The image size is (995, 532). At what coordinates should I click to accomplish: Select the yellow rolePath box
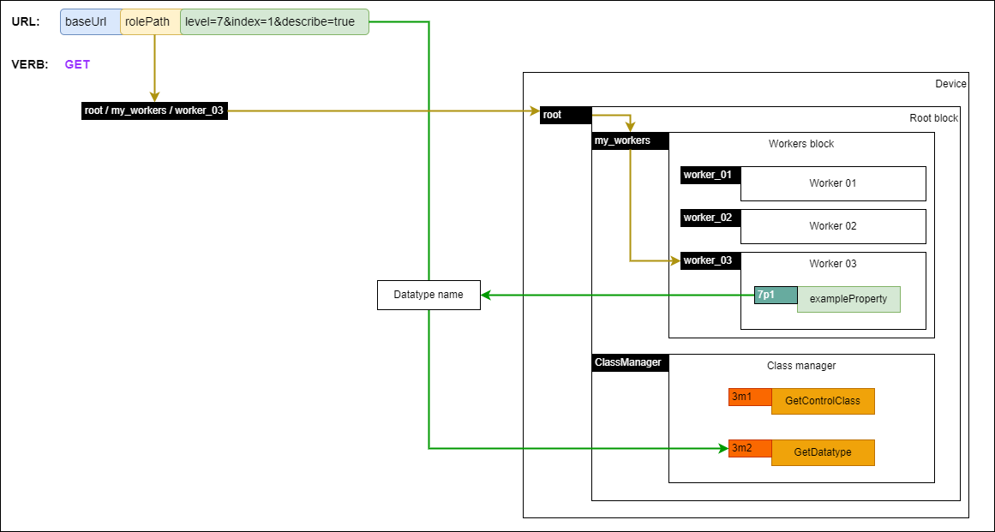coord(149,21)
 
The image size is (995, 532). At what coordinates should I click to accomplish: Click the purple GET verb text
coord(77,64)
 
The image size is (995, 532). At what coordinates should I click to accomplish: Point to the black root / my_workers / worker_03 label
coord(154,111)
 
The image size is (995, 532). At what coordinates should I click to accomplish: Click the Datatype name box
coord(429,295)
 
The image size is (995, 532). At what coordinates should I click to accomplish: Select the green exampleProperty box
coord(848,299)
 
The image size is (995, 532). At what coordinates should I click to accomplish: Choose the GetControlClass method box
coord(823,401)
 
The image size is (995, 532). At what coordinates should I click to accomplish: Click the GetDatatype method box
coord(823,452)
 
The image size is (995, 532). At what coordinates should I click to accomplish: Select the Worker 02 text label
coord(832,226)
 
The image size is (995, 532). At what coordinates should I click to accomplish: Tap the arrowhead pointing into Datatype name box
coord(486,295)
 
